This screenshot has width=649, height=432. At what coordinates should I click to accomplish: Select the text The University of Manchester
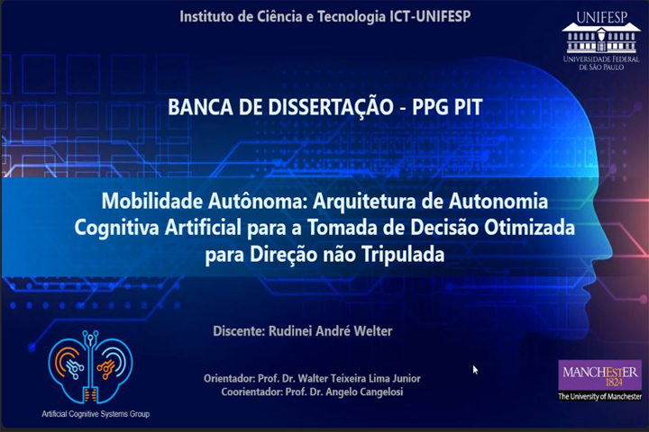tap(599, 396)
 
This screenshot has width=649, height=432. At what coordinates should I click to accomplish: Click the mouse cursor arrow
tap(475, 369)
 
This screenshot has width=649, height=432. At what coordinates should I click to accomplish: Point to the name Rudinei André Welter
tap(331, 331)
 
